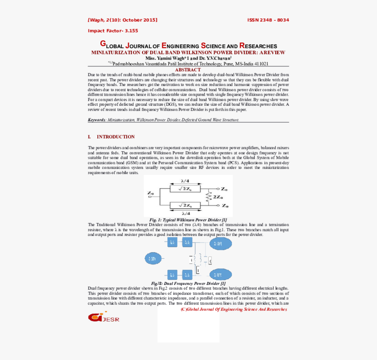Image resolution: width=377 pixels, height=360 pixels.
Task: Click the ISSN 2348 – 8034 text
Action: pyautogui.click(x=268, y=20)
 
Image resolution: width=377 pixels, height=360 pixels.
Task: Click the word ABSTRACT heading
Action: pyautogui.click(x=188, y=70)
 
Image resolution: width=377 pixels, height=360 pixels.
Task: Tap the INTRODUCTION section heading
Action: pyautogui.click(x=115, y=137)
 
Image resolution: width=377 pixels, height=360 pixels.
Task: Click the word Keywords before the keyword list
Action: pyautogui.click(x=96, y=120)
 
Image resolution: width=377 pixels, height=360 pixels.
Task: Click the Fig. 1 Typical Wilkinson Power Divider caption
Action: pyautogui.click(x=188, y=220)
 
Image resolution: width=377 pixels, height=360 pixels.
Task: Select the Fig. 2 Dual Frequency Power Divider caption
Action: pyautogui.click(x=188, y=284)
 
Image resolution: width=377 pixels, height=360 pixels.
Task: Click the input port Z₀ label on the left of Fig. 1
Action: pyautogui.click(x=150, y=193)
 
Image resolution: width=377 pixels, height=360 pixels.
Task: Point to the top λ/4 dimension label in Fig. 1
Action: pyautogui.click(x=185, y=181)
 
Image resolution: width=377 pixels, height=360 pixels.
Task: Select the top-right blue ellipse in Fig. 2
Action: pyautogui.click(x=221, y=243)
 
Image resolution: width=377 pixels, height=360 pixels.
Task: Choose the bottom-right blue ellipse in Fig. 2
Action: pyautogui.click(x=221, y=274)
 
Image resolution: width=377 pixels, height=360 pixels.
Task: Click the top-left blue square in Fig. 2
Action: pyautogui.click(x=172, y=242)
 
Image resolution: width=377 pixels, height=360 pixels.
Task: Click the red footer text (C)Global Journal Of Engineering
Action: pyautogui.click(x=234, y=309)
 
